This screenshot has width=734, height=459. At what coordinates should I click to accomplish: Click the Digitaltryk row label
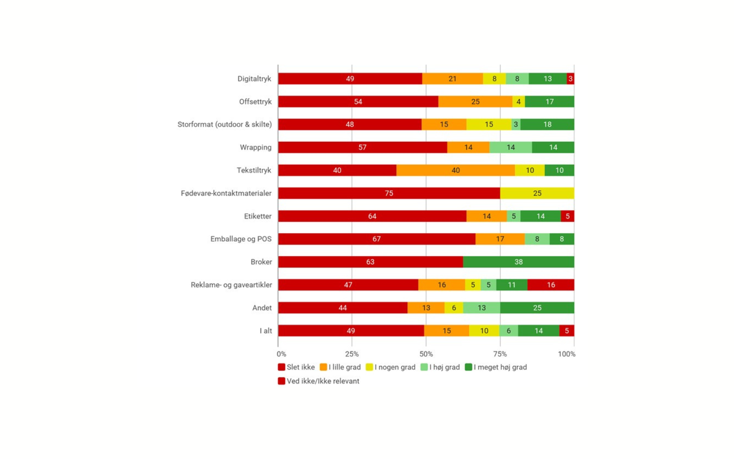coord(254,78)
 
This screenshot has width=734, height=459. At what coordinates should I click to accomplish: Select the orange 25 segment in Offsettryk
coord(475,101)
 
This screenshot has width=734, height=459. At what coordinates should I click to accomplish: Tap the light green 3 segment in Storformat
coord(516,124)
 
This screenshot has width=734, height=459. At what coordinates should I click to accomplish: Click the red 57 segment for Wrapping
coord(362,147)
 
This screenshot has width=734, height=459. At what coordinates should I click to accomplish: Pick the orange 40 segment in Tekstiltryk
coord(456,170)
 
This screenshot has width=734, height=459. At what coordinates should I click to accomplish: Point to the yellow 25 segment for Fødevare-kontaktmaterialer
coord(537,193)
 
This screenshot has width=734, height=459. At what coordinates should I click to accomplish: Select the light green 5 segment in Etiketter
coord(514,216)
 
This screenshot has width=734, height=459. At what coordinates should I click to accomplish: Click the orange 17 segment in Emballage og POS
coord(500,239)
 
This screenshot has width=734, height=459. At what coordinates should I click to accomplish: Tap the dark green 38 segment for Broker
coord(518,262)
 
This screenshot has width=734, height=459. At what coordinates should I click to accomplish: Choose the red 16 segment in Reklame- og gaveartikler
coord(551,285)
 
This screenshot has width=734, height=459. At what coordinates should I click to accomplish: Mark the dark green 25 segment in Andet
coord(537,308)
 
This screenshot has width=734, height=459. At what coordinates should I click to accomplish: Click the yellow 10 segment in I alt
coord(484,331)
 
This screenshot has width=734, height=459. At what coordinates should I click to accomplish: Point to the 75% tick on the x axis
coord(500,354)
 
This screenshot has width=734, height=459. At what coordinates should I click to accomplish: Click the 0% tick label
coord(281,354)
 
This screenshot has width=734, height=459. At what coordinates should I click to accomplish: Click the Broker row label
coord(261,262)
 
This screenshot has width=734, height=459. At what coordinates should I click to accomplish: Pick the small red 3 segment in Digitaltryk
coord(570,78)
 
